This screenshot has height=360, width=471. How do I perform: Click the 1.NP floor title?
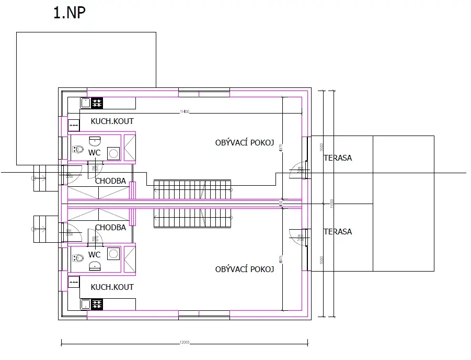pos(70,13)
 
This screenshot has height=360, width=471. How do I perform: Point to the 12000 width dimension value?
pos(184,342)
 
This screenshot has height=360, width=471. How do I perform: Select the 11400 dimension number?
pos(184,111)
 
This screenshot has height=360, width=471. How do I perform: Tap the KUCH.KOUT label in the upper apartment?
pos(112,121)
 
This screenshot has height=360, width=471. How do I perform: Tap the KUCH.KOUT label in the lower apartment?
pos(112,287)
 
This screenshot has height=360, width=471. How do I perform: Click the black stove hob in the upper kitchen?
pos(97,103)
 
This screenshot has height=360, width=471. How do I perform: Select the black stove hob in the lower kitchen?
pos(97,304)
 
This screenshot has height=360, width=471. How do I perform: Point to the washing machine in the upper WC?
pos(113,153)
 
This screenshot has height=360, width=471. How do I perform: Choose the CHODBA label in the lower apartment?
pos(110,228)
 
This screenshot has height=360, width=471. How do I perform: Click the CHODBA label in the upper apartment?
pos(110,181)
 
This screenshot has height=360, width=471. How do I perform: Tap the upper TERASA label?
pos(338,157)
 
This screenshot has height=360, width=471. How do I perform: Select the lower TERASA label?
pos(338,232)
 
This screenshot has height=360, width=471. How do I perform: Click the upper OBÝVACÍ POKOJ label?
pos(245,143)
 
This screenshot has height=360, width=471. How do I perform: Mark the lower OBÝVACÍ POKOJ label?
pos(245,269)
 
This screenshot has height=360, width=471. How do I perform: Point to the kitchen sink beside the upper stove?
pos(85,103)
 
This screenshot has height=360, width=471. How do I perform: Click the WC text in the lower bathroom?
pos(95,255)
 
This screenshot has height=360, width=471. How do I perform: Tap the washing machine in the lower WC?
pos(113,254)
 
